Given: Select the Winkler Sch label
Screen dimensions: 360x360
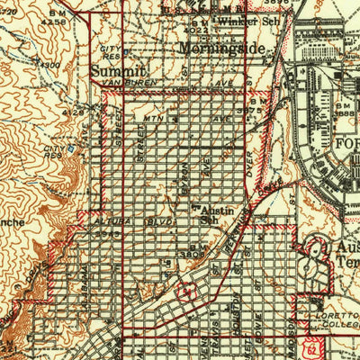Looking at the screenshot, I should (x=242, y=20).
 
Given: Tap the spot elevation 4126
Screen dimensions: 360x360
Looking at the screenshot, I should (x=69, y=113).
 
